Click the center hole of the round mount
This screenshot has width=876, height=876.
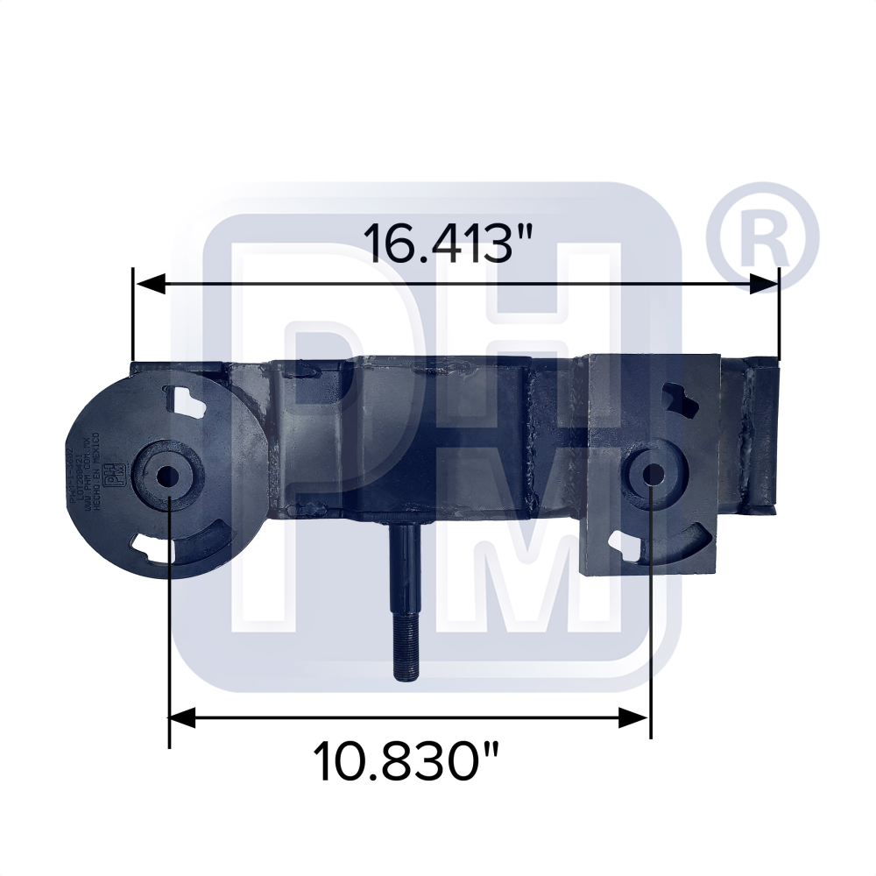[166, 476]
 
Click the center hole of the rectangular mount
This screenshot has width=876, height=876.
[652, 474]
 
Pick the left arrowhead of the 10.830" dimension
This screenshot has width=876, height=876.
[183, 719]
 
